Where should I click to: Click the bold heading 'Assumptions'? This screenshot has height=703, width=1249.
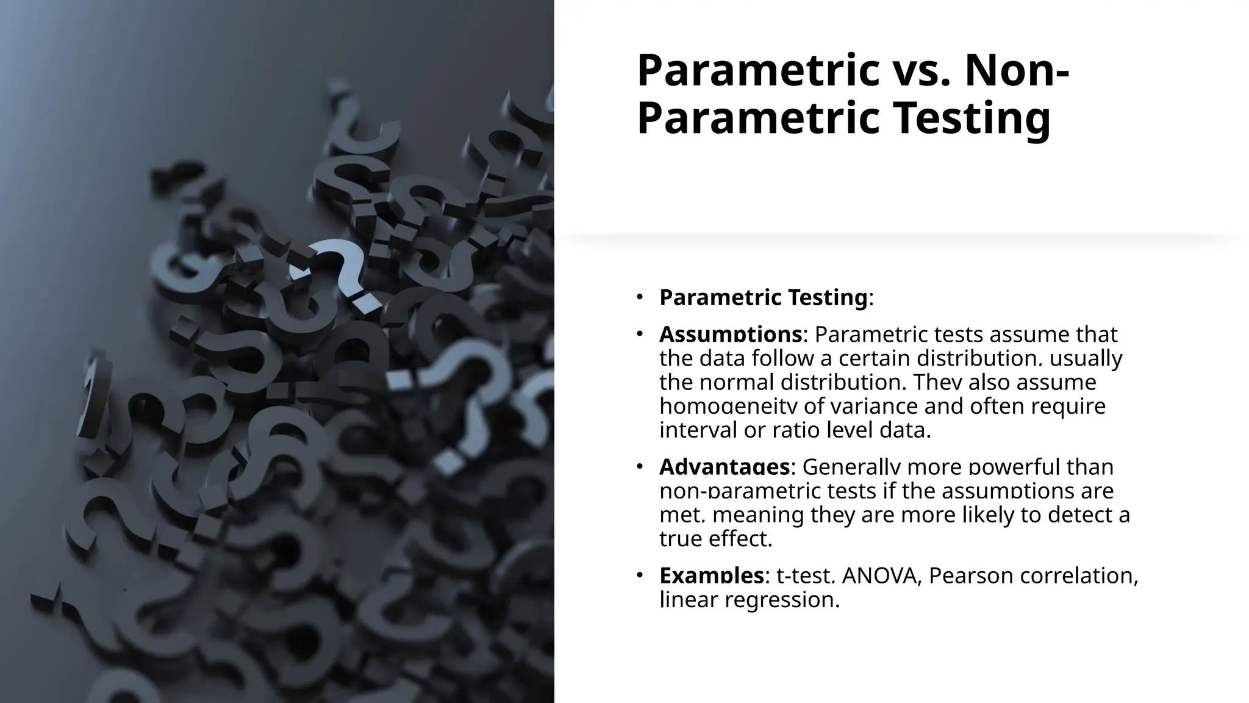tap(730, 334)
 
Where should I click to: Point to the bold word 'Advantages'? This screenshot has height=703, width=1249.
tap(725, 467)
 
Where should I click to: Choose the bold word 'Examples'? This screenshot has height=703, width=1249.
tap(711, 575)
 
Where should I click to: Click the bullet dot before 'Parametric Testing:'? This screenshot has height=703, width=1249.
tap(639, 297)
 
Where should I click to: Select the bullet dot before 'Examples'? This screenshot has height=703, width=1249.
tap(639, 575)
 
